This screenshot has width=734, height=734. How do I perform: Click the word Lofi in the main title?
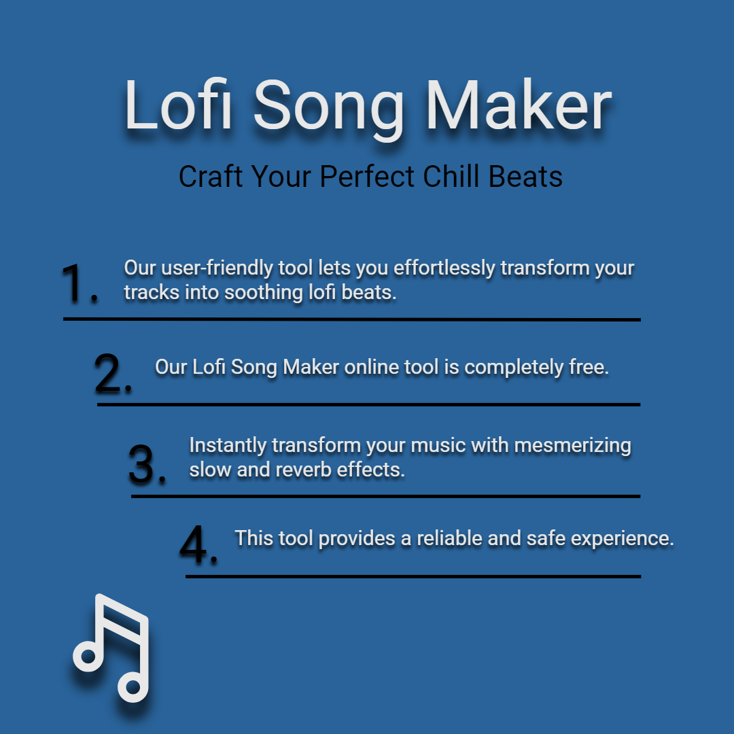pos(178,105)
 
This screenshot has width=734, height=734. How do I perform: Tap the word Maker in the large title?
pos(519,105)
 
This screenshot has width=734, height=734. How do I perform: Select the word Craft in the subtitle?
pos(211,177)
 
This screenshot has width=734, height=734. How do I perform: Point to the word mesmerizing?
pos(572,446)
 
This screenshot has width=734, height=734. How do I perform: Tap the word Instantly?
pos(228,446)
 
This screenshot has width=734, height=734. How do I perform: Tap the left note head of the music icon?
pos(88,655)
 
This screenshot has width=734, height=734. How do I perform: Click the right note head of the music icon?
pos(133,686)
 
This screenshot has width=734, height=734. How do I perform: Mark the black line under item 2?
pos(368,404)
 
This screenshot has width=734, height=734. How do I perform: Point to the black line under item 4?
pos(413,577)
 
